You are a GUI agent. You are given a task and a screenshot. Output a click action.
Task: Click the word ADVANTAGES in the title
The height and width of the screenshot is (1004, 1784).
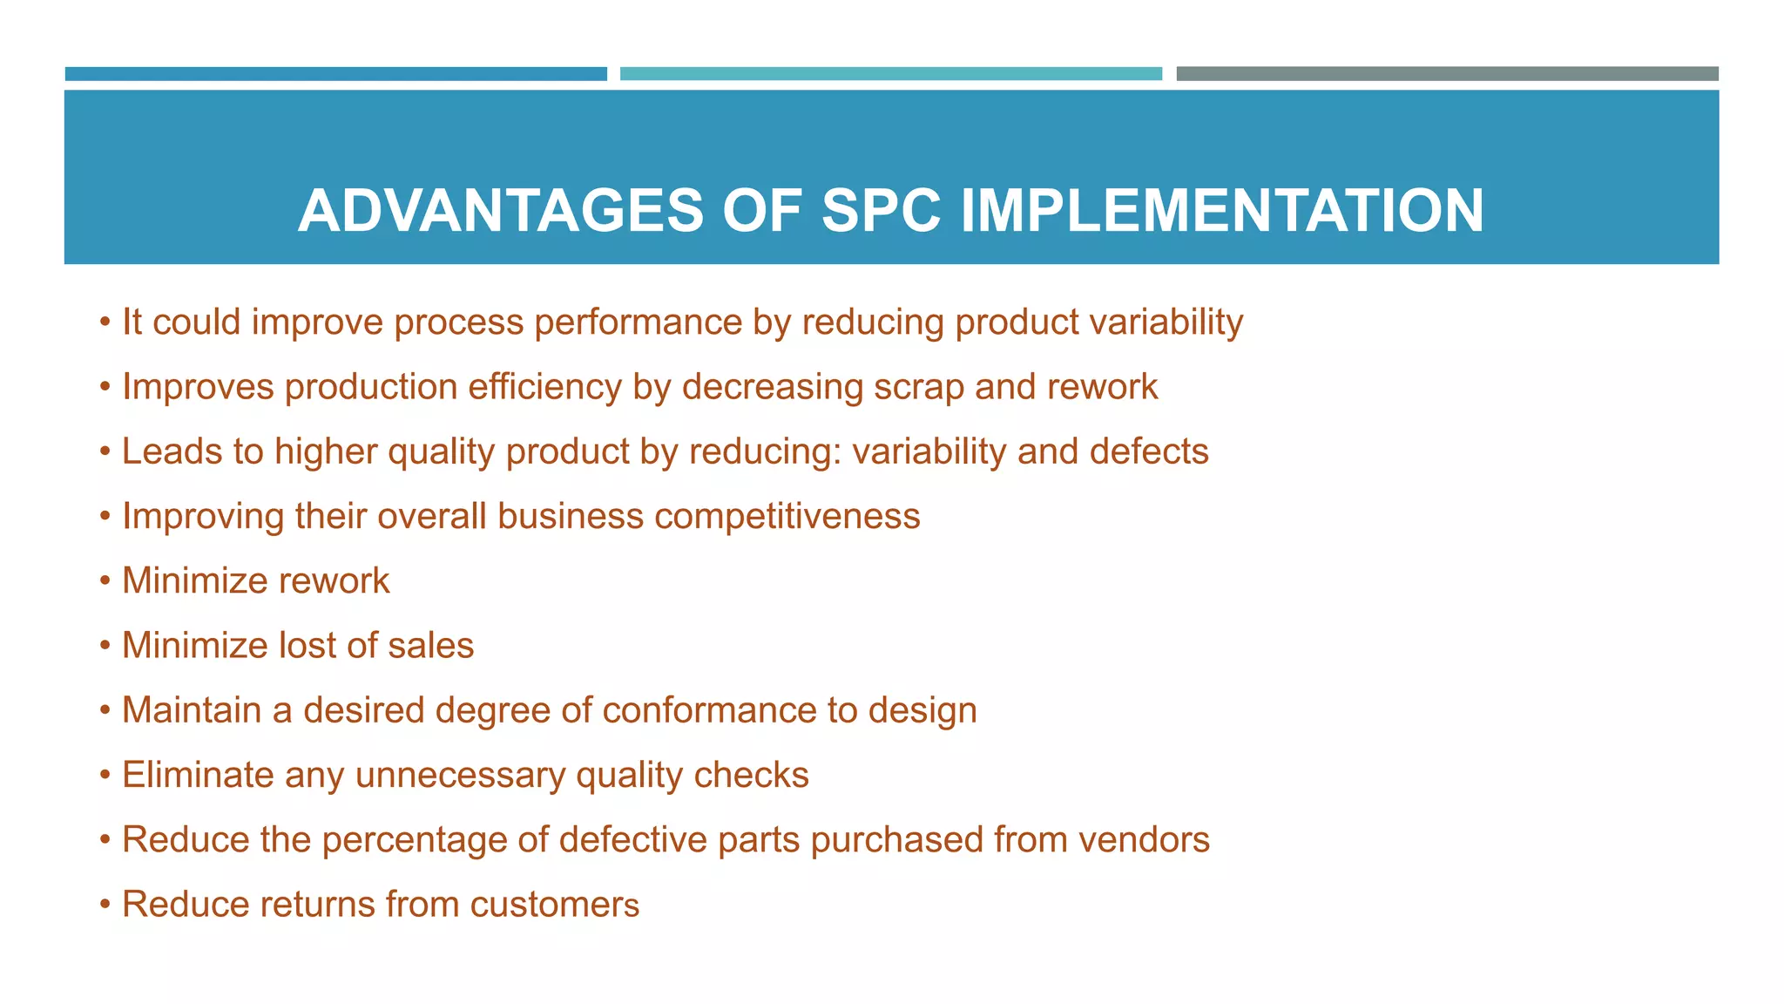click(x=500, y=211)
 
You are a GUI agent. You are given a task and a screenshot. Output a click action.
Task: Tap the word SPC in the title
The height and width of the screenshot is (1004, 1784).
click(x=881, y=211)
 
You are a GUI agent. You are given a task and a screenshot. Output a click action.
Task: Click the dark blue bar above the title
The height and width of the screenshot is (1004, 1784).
click(x=335, y=74)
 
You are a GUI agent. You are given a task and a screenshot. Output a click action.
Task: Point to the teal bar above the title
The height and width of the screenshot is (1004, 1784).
click(x=890, y=74)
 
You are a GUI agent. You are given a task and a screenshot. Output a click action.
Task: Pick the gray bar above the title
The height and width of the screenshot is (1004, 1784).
click(x=1447, y=74)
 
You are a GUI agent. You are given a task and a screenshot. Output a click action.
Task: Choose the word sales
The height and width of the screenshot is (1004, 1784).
click(x=430, y=646)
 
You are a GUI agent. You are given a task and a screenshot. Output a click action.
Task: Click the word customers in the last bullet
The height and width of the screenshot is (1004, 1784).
click(x=554, y=905)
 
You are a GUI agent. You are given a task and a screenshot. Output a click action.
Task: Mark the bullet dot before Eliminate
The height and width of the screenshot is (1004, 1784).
click(x=105, y=775)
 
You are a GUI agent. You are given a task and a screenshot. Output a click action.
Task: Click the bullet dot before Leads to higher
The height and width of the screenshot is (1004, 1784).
click(x=105, y=451)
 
